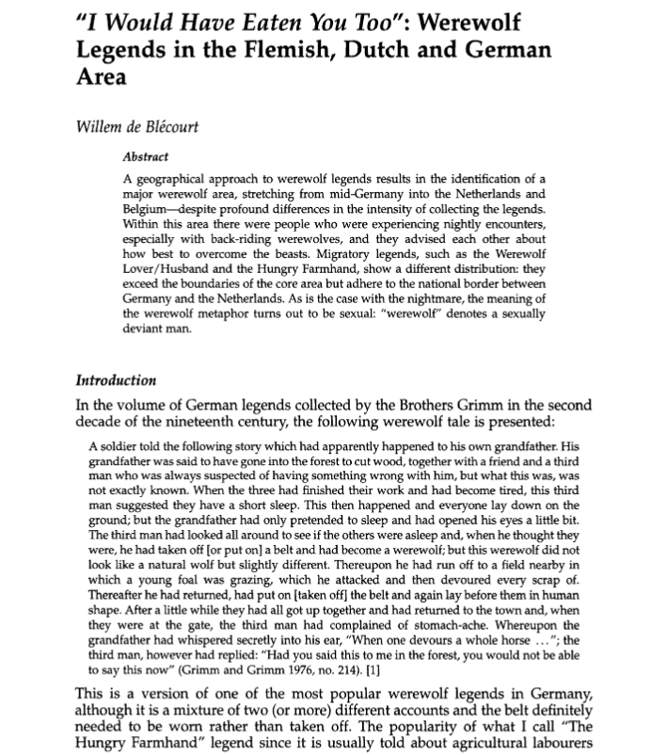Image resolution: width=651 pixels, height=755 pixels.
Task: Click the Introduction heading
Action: [115, 380]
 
